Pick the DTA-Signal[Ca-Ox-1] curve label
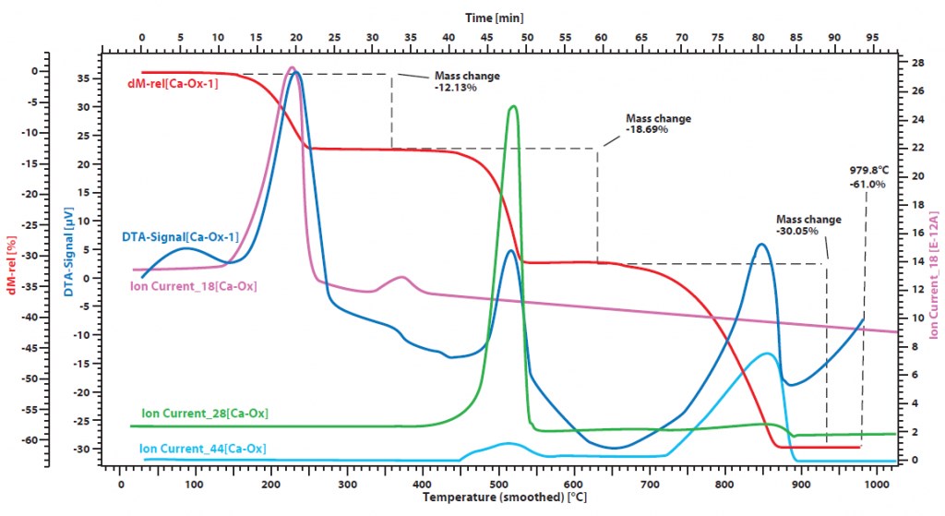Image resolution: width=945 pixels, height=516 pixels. (x=180, y=237)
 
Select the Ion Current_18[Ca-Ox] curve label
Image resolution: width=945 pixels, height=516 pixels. (x=194, y=286)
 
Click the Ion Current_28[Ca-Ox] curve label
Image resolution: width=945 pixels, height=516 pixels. (x=205, y=414)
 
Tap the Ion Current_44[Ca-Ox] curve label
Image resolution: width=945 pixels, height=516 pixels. (x=203, y=449)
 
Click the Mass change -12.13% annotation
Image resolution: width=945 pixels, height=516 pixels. (x=467, y=81)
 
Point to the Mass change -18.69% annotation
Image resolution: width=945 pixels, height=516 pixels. (x=658, y=124)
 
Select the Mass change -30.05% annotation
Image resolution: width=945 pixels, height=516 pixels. (x=809, y=225)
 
